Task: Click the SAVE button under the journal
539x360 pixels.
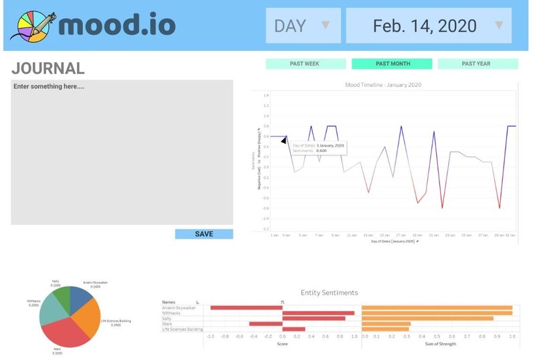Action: [204, 234]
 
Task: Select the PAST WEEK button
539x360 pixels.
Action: [304, 64]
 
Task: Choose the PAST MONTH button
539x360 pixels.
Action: [393, 64]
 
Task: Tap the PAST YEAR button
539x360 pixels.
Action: [476, 64]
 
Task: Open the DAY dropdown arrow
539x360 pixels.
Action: [326, 26]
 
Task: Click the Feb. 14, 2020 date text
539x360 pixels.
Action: [425, 26]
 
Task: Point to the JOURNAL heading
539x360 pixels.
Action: [48, 68]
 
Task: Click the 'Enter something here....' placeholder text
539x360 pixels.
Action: [49, 87]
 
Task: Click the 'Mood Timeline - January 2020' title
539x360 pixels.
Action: [383, 85]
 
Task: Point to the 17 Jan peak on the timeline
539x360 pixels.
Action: [401, 126]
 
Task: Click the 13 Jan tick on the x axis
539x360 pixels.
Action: [368, 236]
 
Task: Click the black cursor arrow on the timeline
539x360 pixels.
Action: [284, 140]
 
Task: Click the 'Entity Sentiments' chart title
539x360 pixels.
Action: [329, 292]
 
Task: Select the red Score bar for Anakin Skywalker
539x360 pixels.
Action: [245, 308]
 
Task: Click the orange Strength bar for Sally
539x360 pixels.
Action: [427, 319]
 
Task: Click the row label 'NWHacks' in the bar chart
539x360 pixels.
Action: [173, 313]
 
